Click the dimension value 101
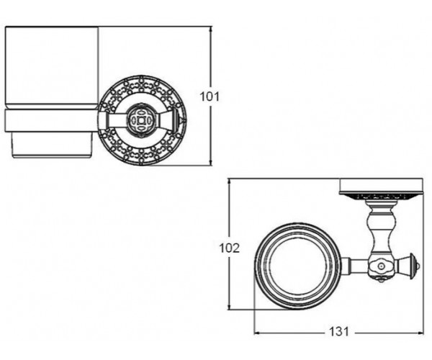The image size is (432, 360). (x=210, y=96)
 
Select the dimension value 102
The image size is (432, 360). (x=229, y=248)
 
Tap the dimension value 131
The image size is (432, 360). (x=339, y=331)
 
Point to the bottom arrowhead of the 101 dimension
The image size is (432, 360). (x=211, y=162)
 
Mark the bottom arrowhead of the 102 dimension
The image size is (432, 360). (x=229, y=305)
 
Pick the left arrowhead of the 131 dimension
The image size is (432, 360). (x=258, y=333)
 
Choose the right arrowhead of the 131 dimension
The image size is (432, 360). (x=419, y=333)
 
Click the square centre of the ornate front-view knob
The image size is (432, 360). (x=142, y=120)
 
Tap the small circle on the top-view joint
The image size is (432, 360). (x=381, y=266)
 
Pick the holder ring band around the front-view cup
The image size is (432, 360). (x=52, y=121)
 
